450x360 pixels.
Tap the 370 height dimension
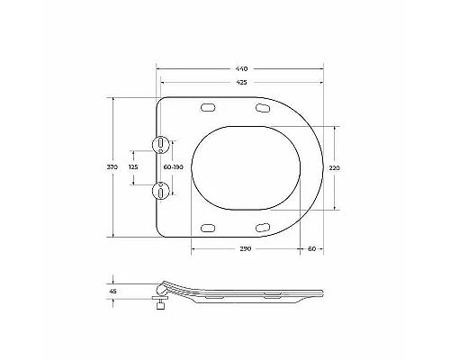pyautogui.click(x=112, y=166)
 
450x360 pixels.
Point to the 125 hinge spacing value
pyautogui.click(x=133, y=166)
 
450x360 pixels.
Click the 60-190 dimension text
pyautogui.click(x=173, y=166)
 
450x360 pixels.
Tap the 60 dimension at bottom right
pyautogui.click(x=310, y=247)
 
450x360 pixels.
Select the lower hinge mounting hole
pyautogui.click(x=160, y=190)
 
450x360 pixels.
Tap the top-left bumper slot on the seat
pyautogui.click(x=210, y=108)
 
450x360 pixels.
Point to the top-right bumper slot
pyautogui.click(x=262, y=109)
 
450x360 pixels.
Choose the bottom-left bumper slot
pyautogui.click(x=210, y=225)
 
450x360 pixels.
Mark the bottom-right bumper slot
pyautogui.click(x=262, y=225)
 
